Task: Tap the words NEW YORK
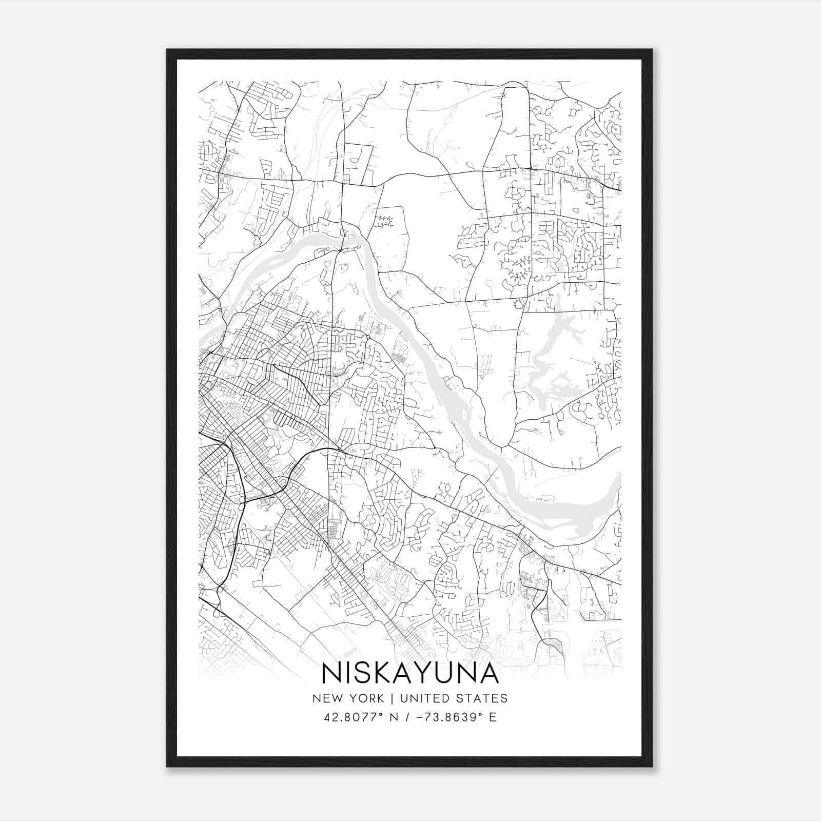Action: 348,698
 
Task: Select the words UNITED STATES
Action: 454,698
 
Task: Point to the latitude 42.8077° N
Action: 361,717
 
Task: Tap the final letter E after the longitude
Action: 493,717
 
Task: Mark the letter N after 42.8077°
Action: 394,717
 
